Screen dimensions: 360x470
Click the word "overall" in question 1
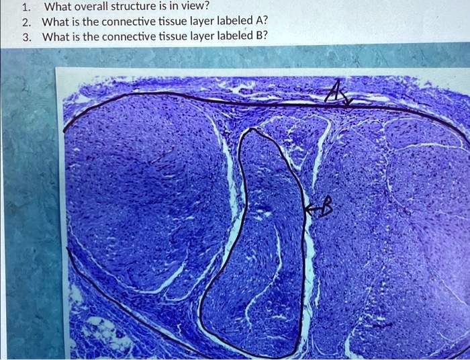coord(96,8)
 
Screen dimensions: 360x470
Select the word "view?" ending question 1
coord(200,8)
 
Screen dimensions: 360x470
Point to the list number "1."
coord(26,8)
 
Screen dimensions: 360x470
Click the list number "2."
coord(26,21)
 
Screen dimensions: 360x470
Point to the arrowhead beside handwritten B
coord(308,210)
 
